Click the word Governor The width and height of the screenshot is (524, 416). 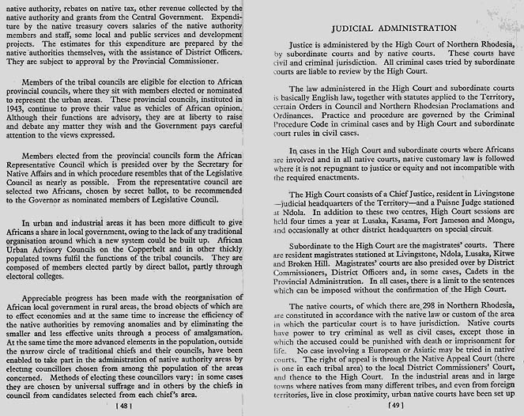click(46, 199)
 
